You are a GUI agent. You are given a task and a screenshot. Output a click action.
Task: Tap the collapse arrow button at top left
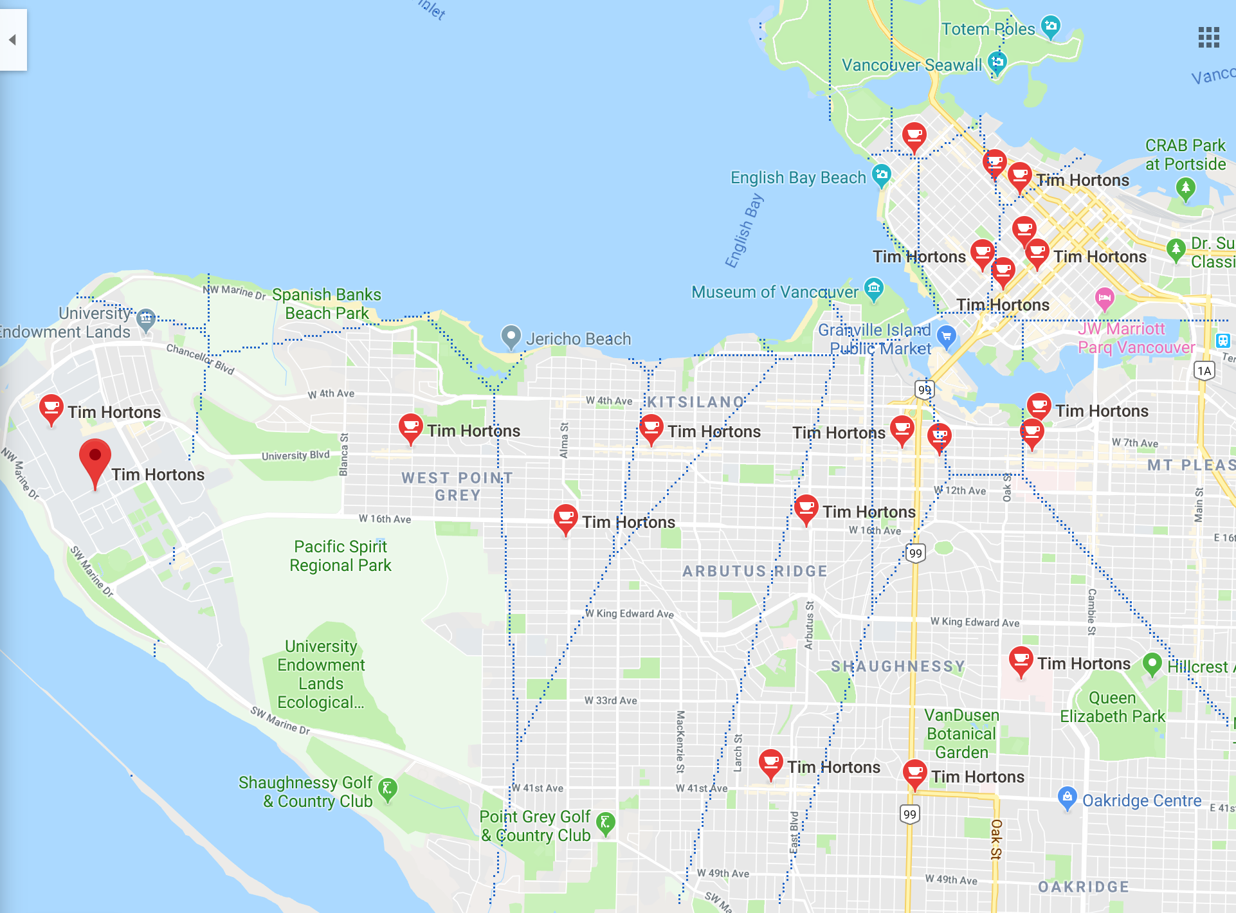pos(12,40)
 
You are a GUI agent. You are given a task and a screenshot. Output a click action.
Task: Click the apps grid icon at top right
pos(1208,37)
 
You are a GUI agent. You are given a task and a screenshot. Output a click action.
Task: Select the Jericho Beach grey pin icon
pos(511,336)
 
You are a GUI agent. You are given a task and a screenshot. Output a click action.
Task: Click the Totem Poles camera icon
pos(1050,26)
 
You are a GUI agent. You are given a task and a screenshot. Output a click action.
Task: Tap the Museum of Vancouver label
pos(774,292)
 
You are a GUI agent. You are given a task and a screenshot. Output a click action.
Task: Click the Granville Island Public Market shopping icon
pos(946,336)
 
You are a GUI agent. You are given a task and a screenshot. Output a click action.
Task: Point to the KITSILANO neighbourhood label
pos(695,402)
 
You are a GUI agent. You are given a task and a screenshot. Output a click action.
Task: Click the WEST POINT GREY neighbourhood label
pos(457,486)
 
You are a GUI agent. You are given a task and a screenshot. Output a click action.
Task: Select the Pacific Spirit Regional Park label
pos(340,556)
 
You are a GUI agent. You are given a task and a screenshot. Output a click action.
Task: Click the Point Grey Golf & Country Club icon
pos(605,822)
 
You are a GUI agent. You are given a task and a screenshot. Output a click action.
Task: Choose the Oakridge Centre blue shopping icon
pos(1067,797)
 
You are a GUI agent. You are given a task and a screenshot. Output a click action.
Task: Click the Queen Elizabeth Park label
pos(1112,707)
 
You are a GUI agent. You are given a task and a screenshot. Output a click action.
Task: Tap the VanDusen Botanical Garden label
pos(961,734)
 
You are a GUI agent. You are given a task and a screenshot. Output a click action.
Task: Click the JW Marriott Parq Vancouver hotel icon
pos(1104,298)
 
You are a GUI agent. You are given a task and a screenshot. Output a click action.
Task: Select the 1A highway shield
pos(1204,370)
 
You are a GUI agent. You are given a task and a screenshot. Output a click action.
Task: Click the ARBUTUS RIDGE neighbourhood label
pos(754,571)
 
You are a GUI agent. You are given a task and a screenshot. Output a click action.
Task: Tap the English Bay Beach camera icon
pos(881,174)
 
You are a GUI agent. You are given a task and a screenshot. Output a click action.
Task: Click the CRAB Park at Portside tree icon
pos(1185,188)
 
